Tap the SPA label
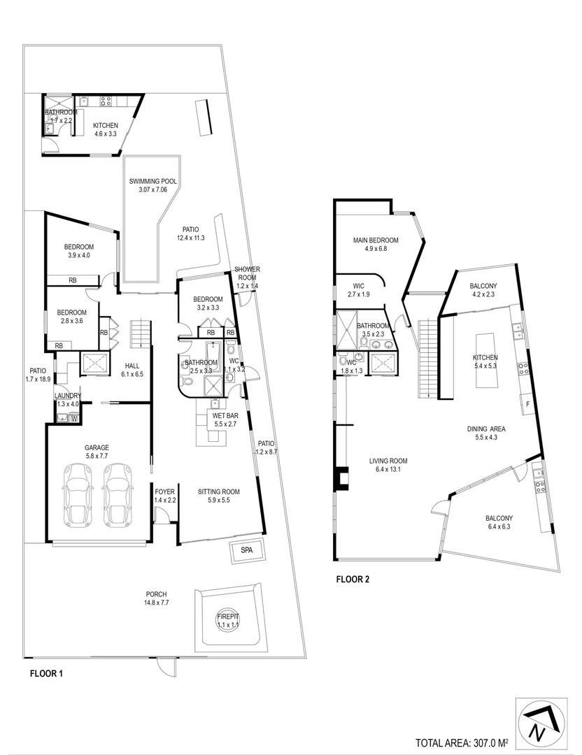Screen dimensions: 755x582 click(x=247, y=551)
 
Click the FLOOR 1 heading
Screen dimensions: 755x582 click(x=47, y=675)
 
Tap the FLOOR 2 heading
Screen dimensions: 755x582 click(x=353, y=579)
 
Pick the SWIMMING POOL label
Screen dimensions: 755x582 click(x=153, y=181)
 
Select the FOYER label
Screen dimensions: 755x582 click(x=164, y=491)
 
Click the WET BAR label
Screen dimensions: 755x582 click(x=227, y=415)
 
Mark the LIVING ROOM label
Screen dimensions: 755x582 click(x=388, y=461)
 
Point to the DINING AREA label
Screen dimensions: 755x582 click(x=486, y=429)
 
